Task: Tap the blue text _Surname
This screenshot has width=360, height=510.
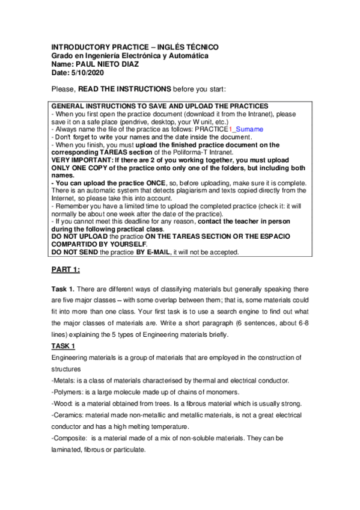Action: tap(247, 129)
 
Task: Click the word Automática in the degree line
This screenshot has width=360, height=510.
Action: tap(188, 55)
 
